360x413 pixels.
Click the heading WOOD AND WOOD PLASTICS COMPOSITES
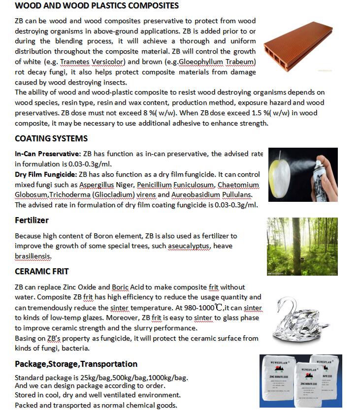tap(97, 6)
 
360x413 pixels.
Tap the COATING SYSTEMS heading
tap(51, 138)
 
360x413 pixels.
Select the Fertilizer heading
tap(32, 220)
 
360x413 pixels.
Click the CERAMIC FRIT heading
tap(42, 271)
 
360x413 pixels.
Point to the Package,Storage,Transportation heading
tap(76, 364)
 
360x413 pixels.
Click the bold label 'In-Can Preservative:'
tap(48, 154)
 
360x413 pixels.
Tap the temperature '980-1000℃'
tap(201, 308)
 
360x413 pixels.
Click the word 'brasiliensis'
tap(33, 256)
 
